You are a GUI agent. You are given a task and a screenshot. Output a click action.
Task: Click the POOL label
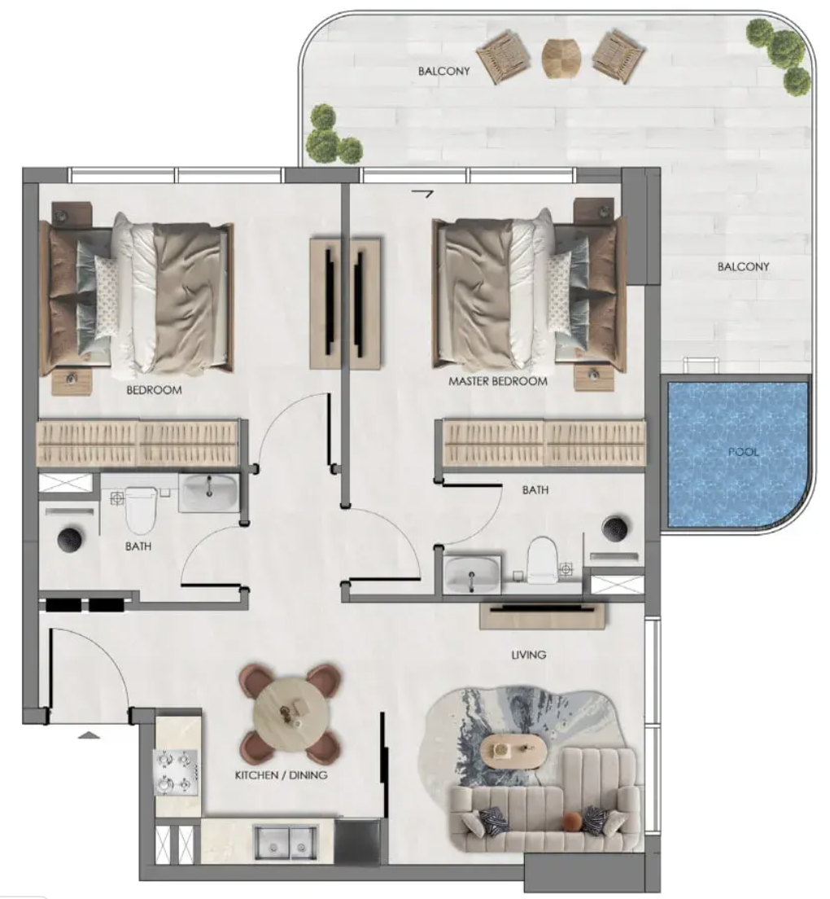click(x=743, y=452)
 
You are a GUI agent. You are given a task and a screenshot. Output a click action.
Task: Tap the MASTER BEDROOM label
click(x=498, y=381)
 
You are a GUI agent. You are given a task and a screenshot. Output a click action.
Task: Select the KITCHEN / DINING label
click(x=282, y=775)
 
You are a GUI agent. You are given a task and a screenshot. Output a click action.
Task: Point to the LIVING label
click(x=528, y=654)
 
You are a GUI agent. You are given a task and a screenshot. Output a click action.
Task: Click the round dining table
click(x=291, y=712)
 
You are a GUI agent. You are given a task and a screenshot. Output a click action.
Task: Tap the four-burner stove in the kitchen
click(x=176, y=772)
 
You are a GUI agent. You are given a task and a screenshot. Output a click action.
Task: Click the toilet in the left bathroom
click(x=141, y=509)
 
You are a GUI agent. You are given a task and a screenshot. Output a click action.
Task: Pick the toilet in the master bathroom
click(x=542, y=559)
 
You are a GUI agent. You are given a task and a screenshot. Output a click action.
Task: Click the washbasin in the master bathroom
click(x=472, y=574)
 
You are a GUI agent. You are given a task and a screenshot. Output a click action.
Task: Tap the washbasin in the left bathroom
click(x=208, y=493)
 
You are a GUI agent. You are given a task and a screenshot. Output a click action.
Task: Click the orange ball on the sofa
click(x=571, y=822)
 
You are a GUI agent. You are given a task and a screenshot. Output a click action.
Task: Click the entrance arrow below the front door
click(x=89, y=735)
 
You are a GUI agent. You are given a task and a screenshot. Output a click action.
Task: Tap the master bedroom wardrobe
click(x=544, y=443)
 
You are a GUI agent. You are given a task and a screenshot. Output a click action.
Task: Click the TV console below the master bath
click(x=543, y=614)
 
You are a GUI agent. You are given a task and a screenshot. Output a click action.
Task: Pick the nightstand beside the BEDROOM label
click(x=71, y=383)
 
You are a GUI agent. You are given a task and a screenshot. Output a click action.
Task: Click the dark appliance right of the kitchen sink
click(x=357, y=842)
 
